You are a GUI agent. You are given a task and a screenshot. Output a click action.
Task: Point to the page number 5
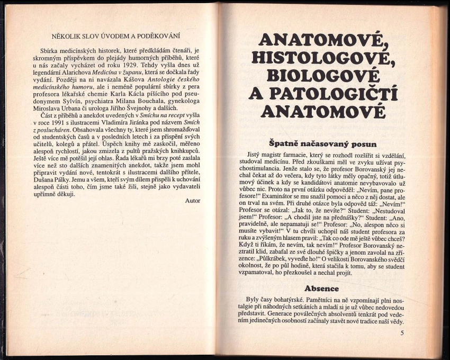pos(402,332)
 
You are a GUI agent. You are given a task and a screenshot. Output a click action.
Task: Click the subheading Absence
pos(322,289)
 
